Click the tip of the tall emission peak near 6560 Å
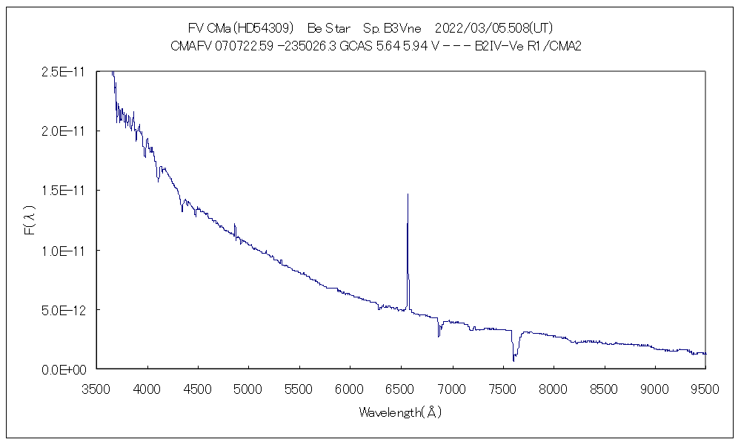tap(408, 194)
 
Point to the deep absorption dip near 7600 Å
tap(514, 360)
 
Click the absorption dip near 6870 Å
tap(439, 335)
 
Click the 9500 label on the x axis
tap(705, 387)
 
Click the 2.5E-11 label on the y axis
tap(63, 72)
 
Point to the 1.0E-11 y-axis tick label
tap(63, 250)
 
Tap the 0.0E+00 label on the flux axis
tap(63, 369)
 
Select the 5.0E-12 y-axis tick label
tap(63, 309)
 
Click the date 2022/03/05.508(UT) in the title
tap(493, 28)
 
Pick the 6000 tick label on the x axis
tap(350, 387)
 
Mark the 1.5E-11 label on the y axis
tap(63, 191)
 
